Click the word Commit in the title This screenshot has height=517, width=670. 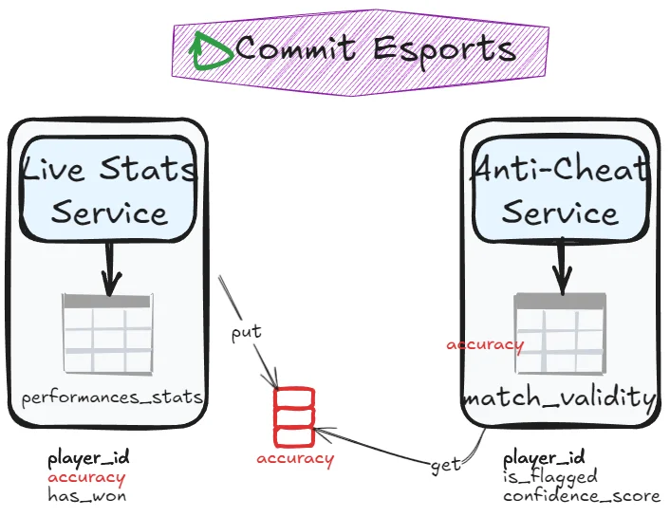(293, 48)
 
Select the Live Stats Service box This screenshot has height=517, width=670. (109, 190)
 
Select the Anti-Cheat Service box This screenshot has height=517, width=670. (561, 190)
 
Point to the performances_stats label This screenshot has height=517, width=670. (112, 397)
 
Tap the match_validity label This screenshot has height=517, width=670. (559, 397)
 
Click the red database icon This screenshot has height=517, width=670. (294, 416)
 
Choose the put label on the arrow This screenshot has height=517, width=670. (246, 333)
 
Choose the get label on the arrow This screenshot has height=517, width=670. (445, 464)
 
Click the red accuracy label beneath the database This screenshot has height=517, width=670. (295, 459)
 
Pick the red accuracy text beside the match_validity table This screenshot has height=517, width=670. (484, 344)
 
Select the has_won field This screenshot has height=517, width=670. (86, 495)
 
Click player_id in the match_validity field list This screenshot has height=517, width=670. (544, 457)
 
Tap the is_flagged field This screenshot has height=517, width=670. (549, 476)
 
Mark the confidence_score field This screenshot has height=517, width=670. (581, 495)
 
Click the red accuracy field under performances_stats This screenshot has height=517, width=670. (86, 477)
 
